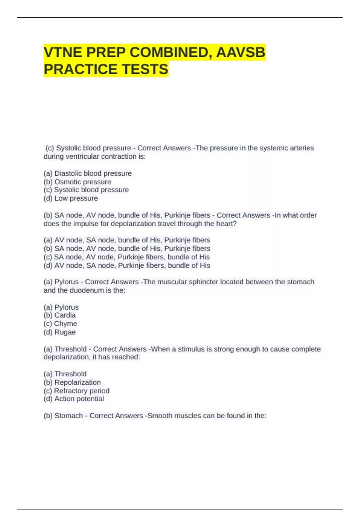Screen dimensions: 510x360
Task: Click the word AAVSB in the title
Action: [241, 52]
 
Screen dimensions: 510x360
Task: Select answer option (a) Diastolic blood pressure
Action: [88, 173]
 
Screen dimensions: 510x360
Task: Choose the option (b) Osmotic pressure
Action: [77, 182]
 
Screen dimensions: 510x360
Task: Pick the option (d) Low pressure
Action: [71, 198]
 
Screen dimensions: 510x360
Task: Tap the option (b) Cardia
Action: [60, 315]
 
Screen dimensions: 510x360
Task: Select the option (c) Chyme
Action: [60, 323]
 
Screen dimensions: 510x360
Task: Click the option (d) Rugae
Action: [60, 332]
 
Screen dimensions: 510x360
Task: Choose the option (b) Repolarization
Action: [72, 382]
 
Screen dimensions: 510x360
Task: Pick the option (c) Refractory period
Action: [76, 391]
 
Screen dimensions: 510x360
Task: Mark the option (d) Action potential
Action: [74, 399]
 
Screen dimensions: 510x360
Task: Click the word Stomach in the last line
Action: [69, 415]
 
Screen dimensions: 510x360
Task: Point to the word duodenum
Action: [86, 290]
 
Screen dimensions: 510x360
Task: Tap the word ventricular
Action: [82, 156]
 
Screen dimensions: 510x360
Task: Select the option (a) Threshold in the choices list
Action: [65, 374]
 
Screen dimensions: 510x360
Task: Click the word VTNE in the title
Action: [63, 52]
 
